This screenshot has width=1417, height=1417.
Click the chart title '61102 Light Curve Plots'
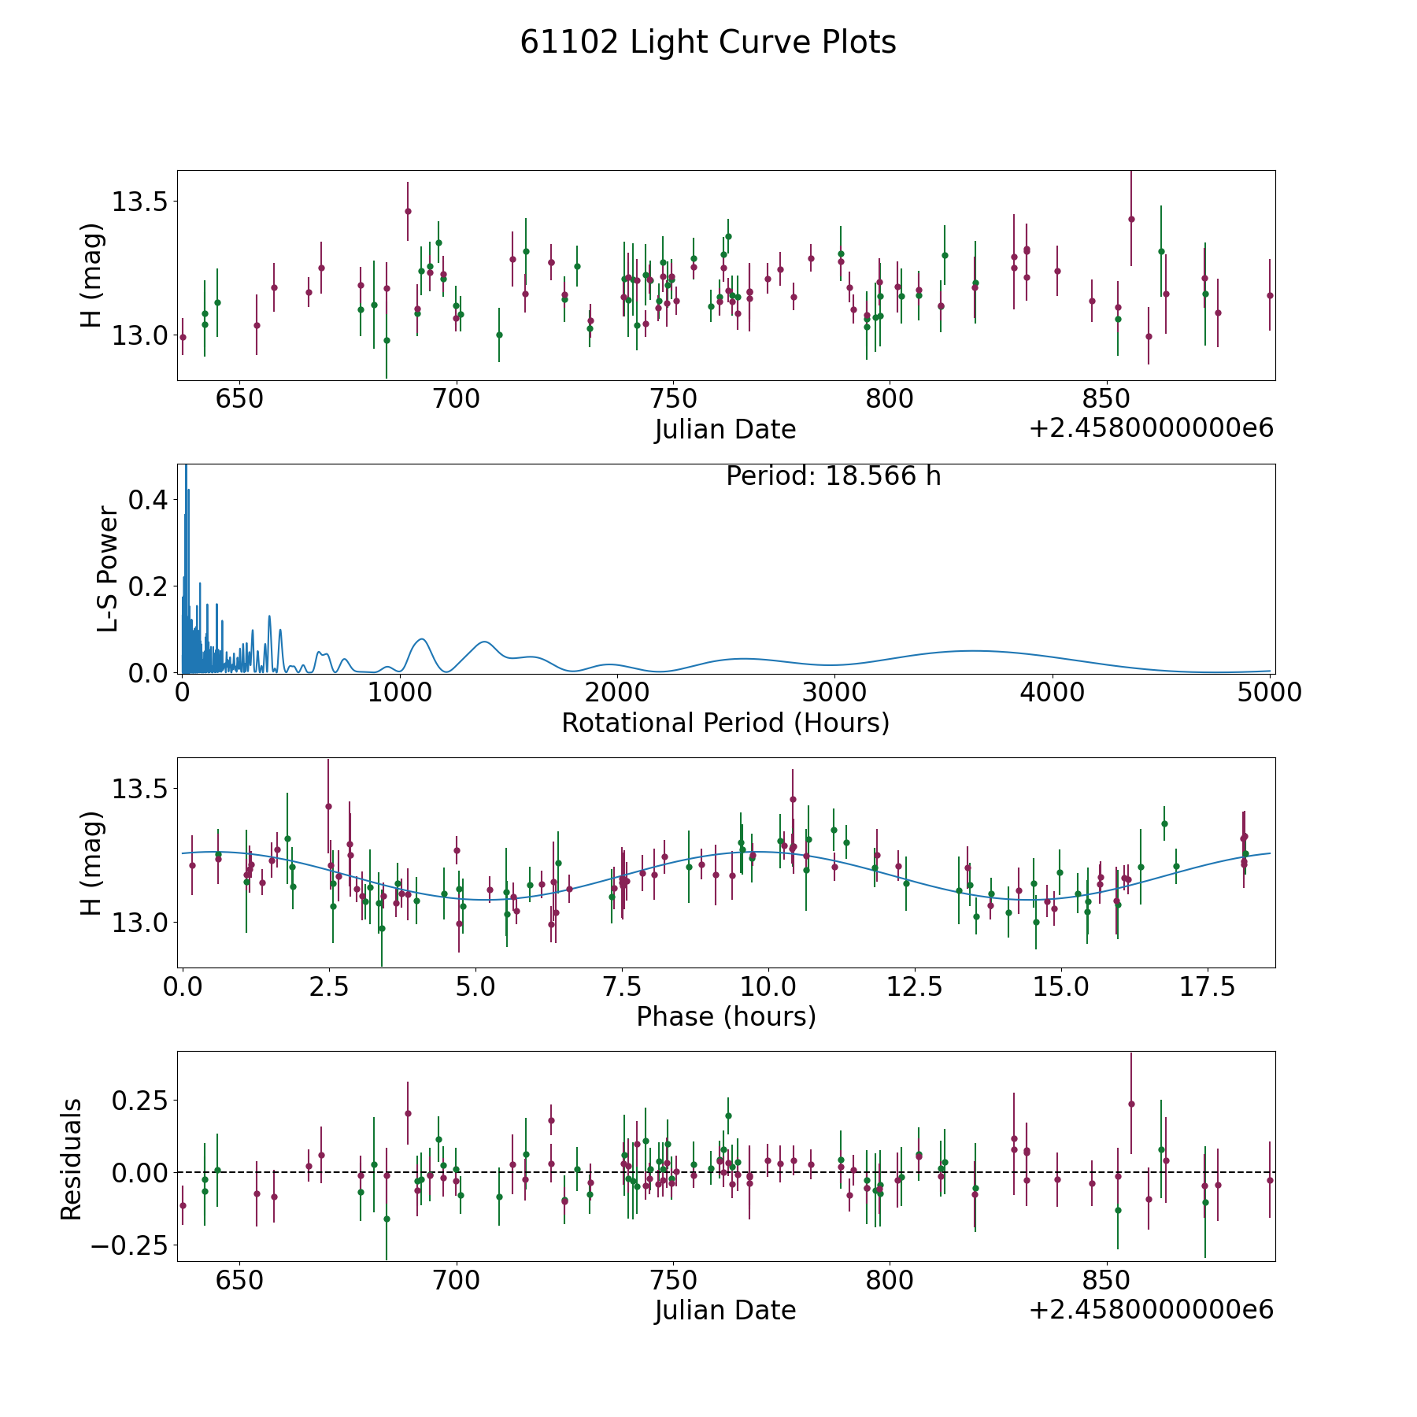[x=708, y=43]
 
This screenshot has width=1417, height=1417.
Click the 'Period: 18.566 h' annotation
[x=833, y=476]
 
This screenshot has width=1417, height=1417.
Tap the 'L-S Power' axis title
[x=108, y=569]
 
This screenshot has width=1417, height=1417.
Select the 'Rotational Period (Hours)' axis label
[x=725, y=723]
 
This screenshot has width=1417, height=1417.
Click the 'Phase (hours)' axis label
[x=726, y=1016]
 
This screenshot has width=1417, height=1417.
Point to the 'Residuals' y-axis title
[x=72, y=1160]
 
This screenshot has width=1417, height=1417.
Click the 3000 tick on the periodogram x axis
[x=834, y=693]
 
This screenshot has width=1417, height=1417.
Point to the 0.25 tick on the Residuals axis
[x=142, y=1100]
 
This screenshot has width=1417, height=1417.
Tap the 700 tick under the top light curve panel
[x=457, y=398]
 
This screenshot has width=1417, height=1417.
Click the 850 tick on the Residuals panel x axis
[x=1106, y=1280]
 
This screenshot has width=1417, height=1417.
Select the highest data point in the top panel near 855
[x=1131, y=219]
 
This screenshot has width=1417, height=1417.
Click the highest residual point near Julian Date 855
[x=1131, y=1104]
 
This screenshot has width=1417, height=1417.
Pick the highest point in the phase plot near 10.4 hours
[x=793, y=799]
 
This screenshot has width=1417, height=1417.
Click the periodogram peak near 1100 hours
[x=422, y=639]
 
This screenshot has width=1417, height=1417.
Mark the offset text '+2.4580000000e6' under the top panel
[x=1151, y=428]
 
